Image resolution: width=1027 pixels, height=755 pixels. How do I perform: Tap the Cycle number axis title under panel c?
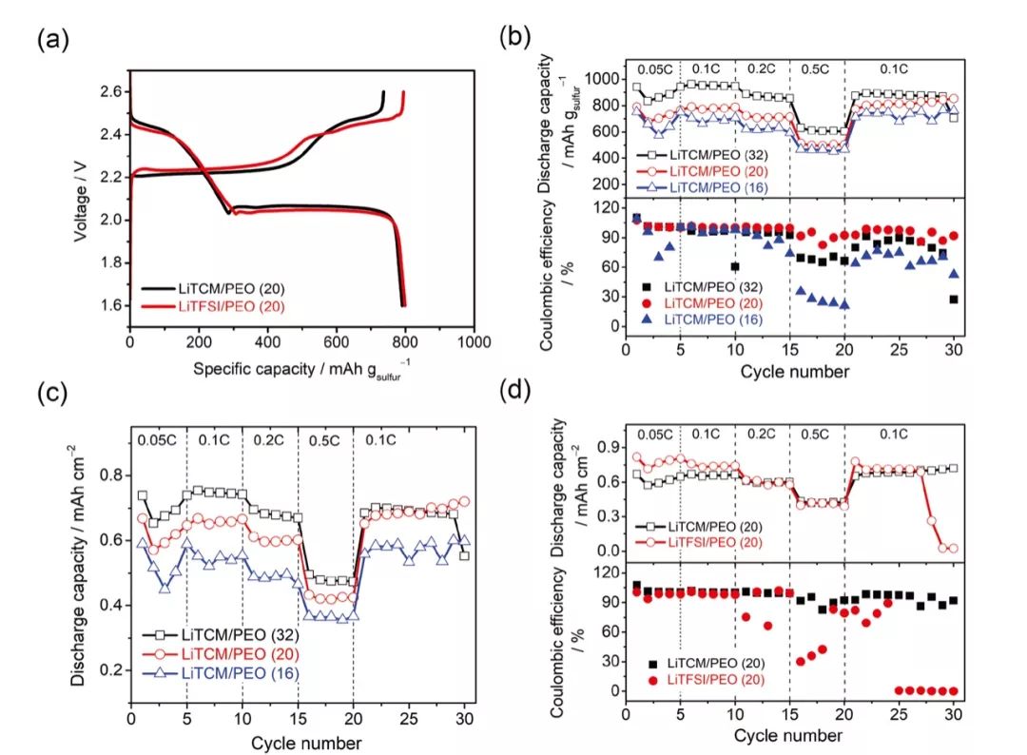(299, 742)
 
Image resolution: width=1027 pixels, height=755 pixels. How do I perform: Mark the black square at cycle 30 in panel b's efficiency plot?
(953, 300)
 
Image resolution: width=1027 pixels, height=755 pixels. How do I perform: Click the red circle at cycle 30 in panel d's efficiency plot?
(953, 691)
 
